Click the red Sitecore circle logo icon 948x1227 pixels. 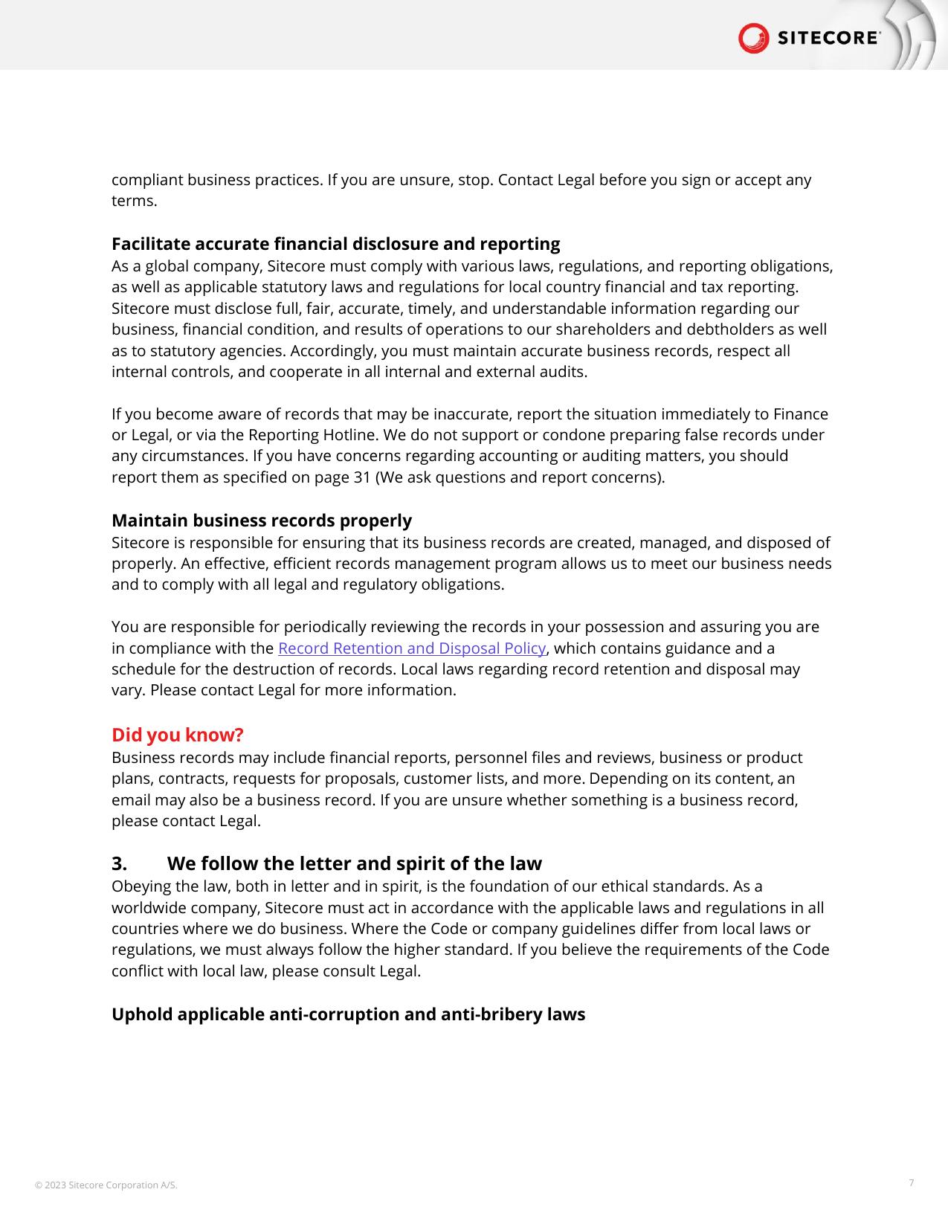753,38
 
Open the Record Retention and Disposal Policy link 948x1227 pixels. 412,648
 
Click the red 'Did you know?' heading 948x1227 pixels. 178,735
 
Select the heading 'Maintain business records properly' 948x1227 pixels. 262,520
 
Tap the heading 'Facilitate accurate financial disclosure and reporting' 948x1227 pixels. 335,244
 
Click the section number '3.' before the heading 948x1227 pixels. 120,863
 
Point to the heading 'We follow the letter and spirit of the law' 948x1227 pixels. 354,863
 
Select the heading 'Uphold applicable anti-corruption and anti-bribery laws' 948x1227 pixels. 348,1014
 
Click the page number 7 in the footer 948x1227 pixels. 912,1182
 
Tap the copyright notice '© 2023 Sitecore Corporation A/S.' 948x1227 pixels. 106,1185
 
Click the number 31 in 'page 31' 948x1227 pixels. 362,477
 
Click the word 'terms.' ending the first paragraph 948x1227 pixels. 135,201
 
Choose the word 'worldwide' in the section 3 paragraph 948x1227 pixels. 147,908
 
